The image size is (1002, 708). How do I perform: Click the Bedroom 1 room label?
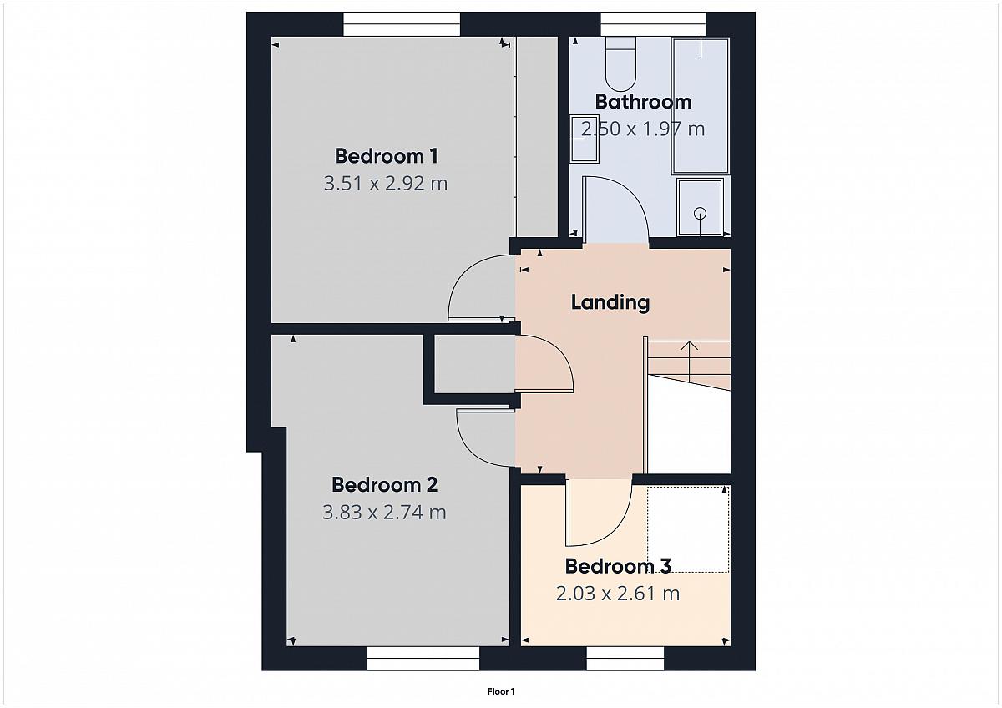(x=387, y=156)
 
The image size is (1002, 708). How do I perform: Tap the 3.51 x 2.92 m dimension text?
(x=386, y=184)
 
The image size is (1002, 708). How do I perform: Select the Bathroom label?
(x=643, y=102)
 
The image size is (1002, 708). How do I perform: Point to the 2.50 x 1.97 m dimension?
(x=643, y=129)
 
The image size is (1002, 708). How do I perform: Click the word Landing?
(x=610, y=303)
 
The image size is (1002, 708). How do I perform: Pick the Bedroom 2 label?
(x=385, y=485)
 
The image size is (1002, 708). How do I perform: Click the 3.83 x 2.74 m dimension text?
(x=384, y=512)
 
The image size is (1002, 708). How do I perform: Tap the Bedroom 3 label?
(x=618, y=566)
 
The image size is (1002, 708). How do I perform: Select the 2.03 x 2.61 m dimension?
(x=618, y=594)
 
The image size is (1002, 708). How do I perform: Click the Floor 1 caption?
(x=501, y=691)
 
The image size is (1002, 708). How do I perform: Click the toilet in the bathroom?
(x=620, y=64)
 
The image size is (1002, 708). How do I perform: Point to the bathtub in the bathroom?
(x=701, y=106)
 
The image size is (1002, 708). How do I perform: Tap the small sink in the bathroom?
(x=584, y=139)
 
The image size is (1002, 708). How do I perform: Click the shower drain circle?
(x=700, y=214)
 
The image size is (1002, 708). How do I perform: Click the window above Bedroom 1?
(x=402, y=24)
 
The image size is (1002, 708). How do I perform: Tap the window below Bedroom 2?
(x=423, y=659)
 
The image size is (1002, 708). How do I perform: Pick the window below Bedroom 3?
(x=625, y=659)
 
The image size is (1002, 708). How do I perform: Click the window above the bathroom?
(x=653, y=24)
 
